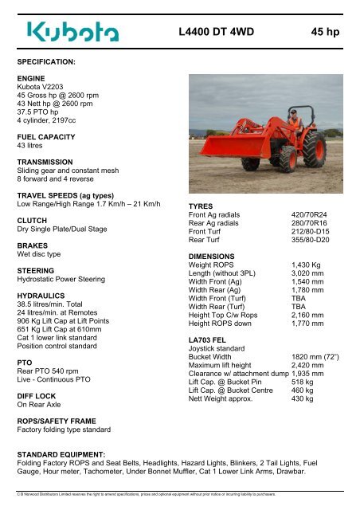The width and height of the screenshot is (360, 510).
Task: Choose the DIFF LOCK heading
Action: tap(37, 394)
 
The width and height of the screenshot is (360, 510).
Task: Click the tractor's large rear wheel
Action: tap(315, 149)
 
